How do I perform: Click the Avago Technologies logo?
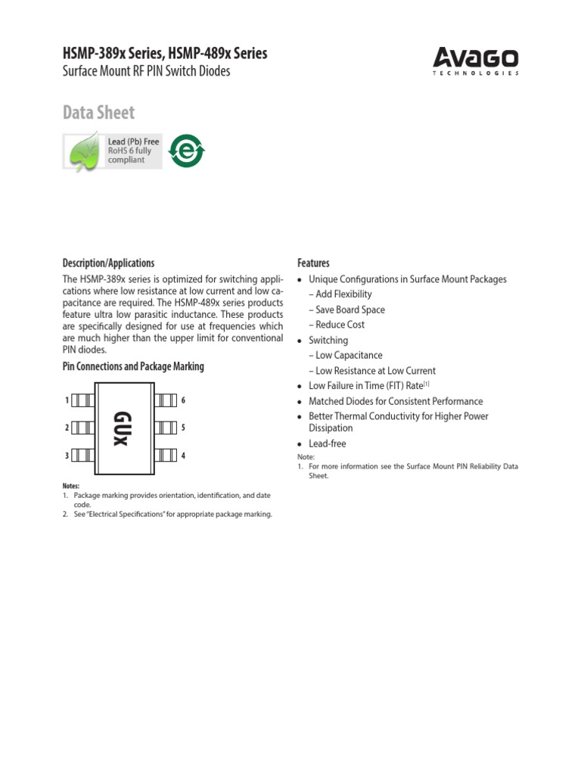[476, 61]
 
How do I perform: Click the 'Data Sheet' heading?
[98, 113]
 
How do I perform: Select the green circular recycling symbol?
[186, 150]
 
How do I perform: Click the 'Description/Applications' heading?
[108, 263]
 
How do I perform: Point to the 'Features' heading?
[313, 263]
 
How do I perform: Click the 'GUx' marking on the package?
[121, 428]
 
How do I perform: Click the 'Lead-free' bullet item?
[327, 444]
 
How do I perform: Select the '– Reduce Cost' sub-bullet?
[340, 325]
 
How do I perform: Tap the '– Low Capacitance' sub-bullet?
[349, 355]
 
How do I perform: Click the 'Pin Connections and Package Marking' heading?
[132, 367]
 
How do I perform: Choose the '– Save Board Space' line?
[350, 310]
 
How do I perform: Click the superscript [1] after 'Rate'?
[426, 384]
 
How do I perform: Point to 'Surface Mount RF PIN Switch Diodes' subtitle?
[145, 72]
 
